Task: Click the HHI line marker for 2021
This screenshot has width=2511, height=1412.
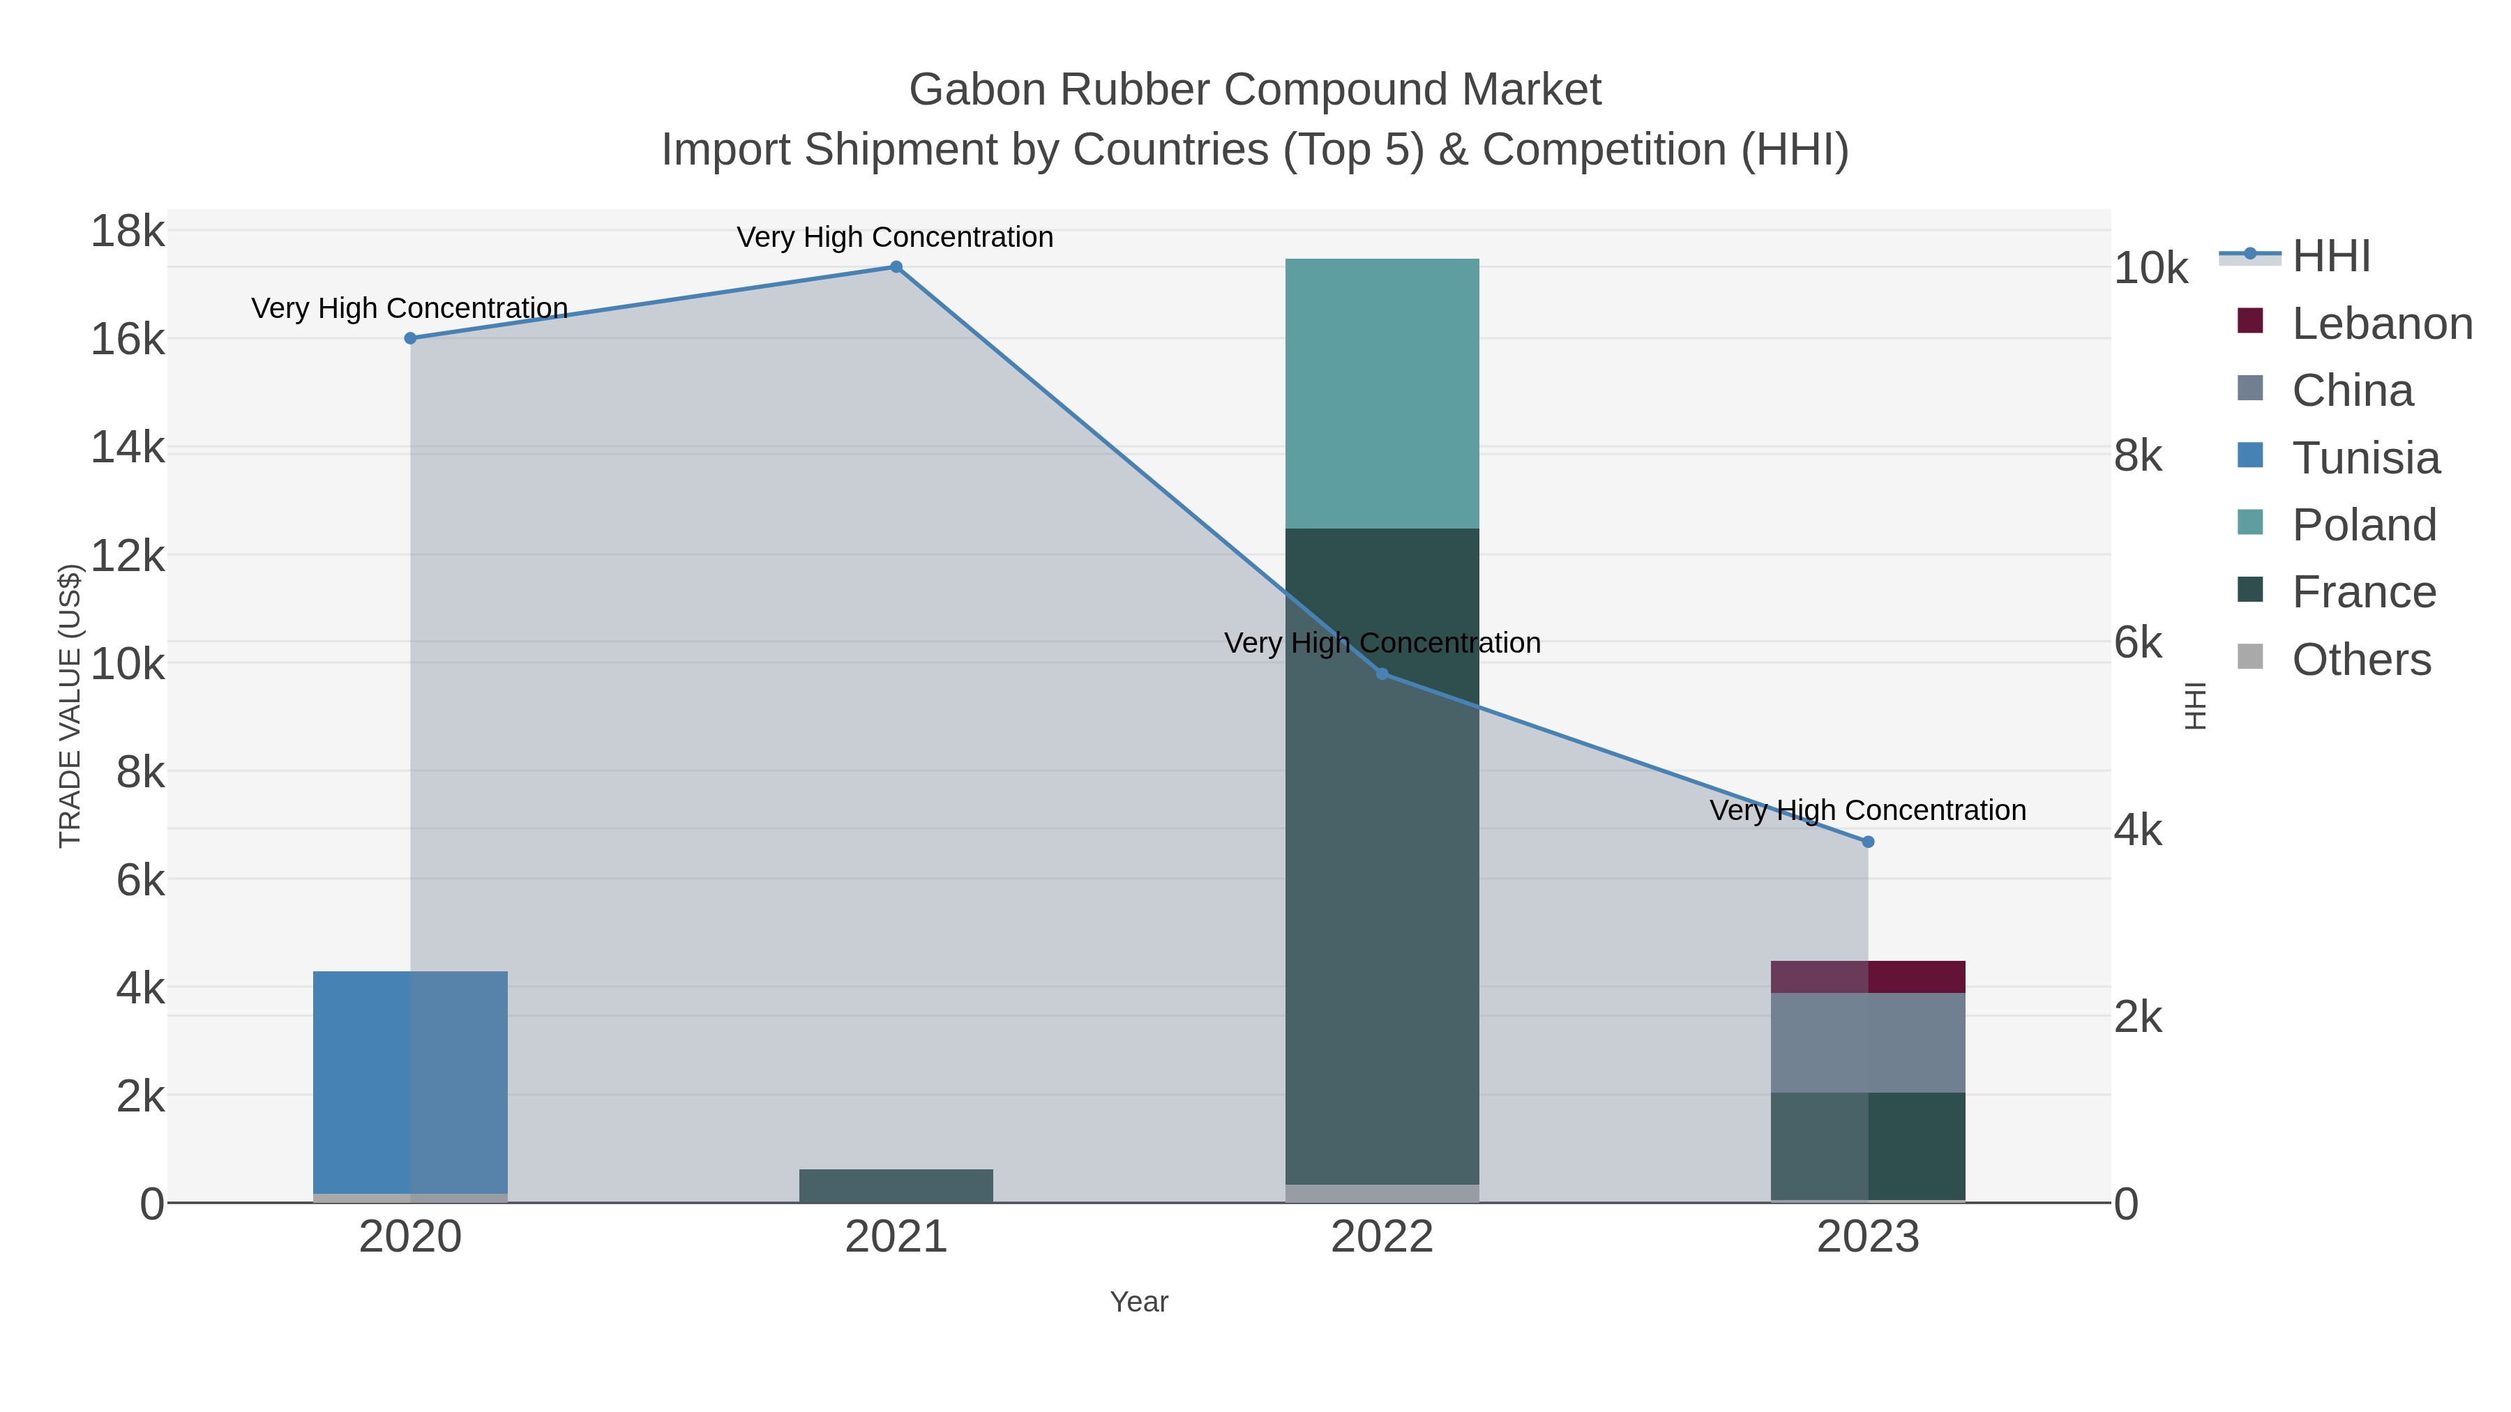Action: pos(896,267)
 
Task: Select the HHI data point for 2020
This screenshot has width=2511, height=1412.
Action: pos(410,338)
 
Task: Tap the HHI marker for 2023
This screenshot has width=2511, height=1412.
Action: pos(1868,842)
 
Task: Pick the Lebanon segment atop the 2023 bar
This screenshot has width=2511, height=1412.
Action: pos(1868,976)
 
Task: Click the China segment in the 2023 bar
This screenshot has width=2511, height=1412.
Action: pos(1868,1042)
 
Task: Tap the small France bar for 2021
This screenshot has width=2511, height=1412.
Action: pos(896,1186)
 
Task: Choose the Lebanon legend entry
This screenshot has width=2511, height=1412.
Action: pos(2381,324)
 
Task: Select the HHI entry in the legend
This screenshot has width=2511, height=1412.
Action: pos(2330,257)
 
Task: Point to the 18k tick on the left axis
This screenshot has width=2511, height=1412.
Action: pos(128,232)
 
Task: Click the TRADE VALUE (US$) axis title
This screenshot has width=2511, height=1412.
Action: pos(70,706)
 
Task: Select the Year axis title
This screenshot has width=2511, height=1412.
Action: pos(1138,1302)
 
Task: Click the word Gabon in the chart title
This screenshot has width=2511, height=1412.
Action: pos(976,90)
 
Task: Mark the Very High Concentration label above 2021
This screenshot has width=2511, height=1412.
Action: pos(895,237)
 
